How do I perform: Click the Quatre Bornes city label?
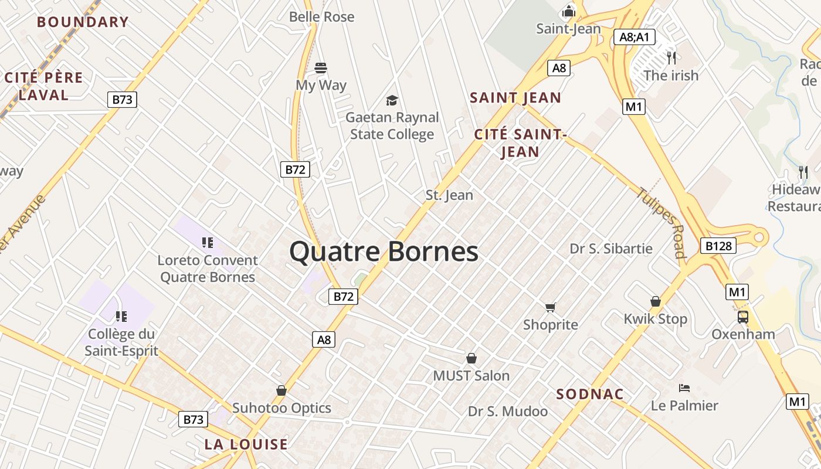pos(384,252)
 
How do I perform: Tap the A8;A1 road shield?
pos(634,37)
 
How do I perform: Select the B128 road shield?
pos(718,246)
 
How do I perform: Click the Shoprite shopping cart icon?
pos(550,307)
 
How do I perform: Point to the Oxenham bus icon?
pos(743,317)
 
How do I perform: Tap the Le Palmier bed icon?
pos(684,388)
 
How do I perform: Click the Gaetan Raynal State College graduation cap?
pos(392,100)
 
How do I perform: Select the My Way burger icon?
pos(321,68)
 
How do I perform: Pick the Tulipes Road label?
pos(662,222)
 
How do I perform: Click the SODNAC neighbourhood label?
pos(589,394)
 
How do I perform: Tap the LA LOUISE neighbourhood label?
pos(246,444)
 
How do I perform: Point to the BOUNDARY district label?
pos(83,22)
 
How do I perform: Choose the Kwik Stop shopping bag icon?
pos(656,302)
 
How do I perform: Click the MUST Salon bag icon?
pos(471,358)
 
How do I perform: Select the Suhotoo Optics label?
pos(281,408)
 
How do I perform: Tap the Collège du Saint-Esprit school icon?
pos(121,317)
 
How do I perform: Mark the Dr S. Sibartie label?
pos(611,249)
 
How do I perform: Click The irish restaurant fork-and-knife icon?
pos(671,57)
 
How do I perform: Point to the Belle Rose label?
pos(322,16)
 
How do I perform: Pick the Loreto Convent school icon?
pos(207,242)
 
